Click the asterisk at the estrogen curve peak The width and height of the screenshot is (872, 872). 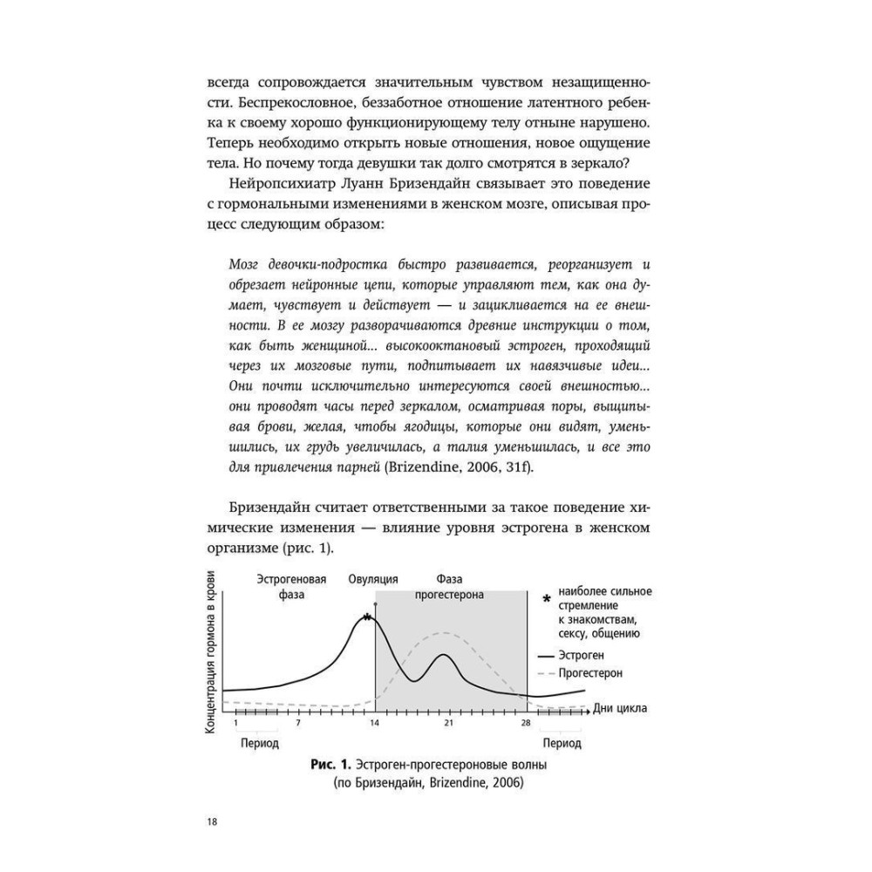(368, 617)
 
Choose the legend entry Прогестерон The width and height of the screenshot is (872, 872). (592, 673)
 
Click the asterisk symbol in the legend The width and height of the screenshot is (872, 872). (546, 599)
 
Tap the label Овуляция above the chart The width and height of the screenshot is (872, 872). (372, 579)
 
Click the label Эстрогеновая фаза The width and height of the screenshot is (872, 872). (291, 587)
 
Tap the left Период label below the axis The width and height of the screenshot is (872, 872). (258, 744)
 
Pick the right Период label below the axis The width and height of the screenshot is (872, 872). (562, 744)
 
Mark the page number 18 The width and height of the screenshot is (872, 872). (213, 822)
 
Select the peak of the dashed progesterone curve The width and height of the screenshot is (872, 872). (446, 632)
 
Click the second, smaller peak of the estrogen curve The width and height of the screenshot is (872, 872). (444, 654)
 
